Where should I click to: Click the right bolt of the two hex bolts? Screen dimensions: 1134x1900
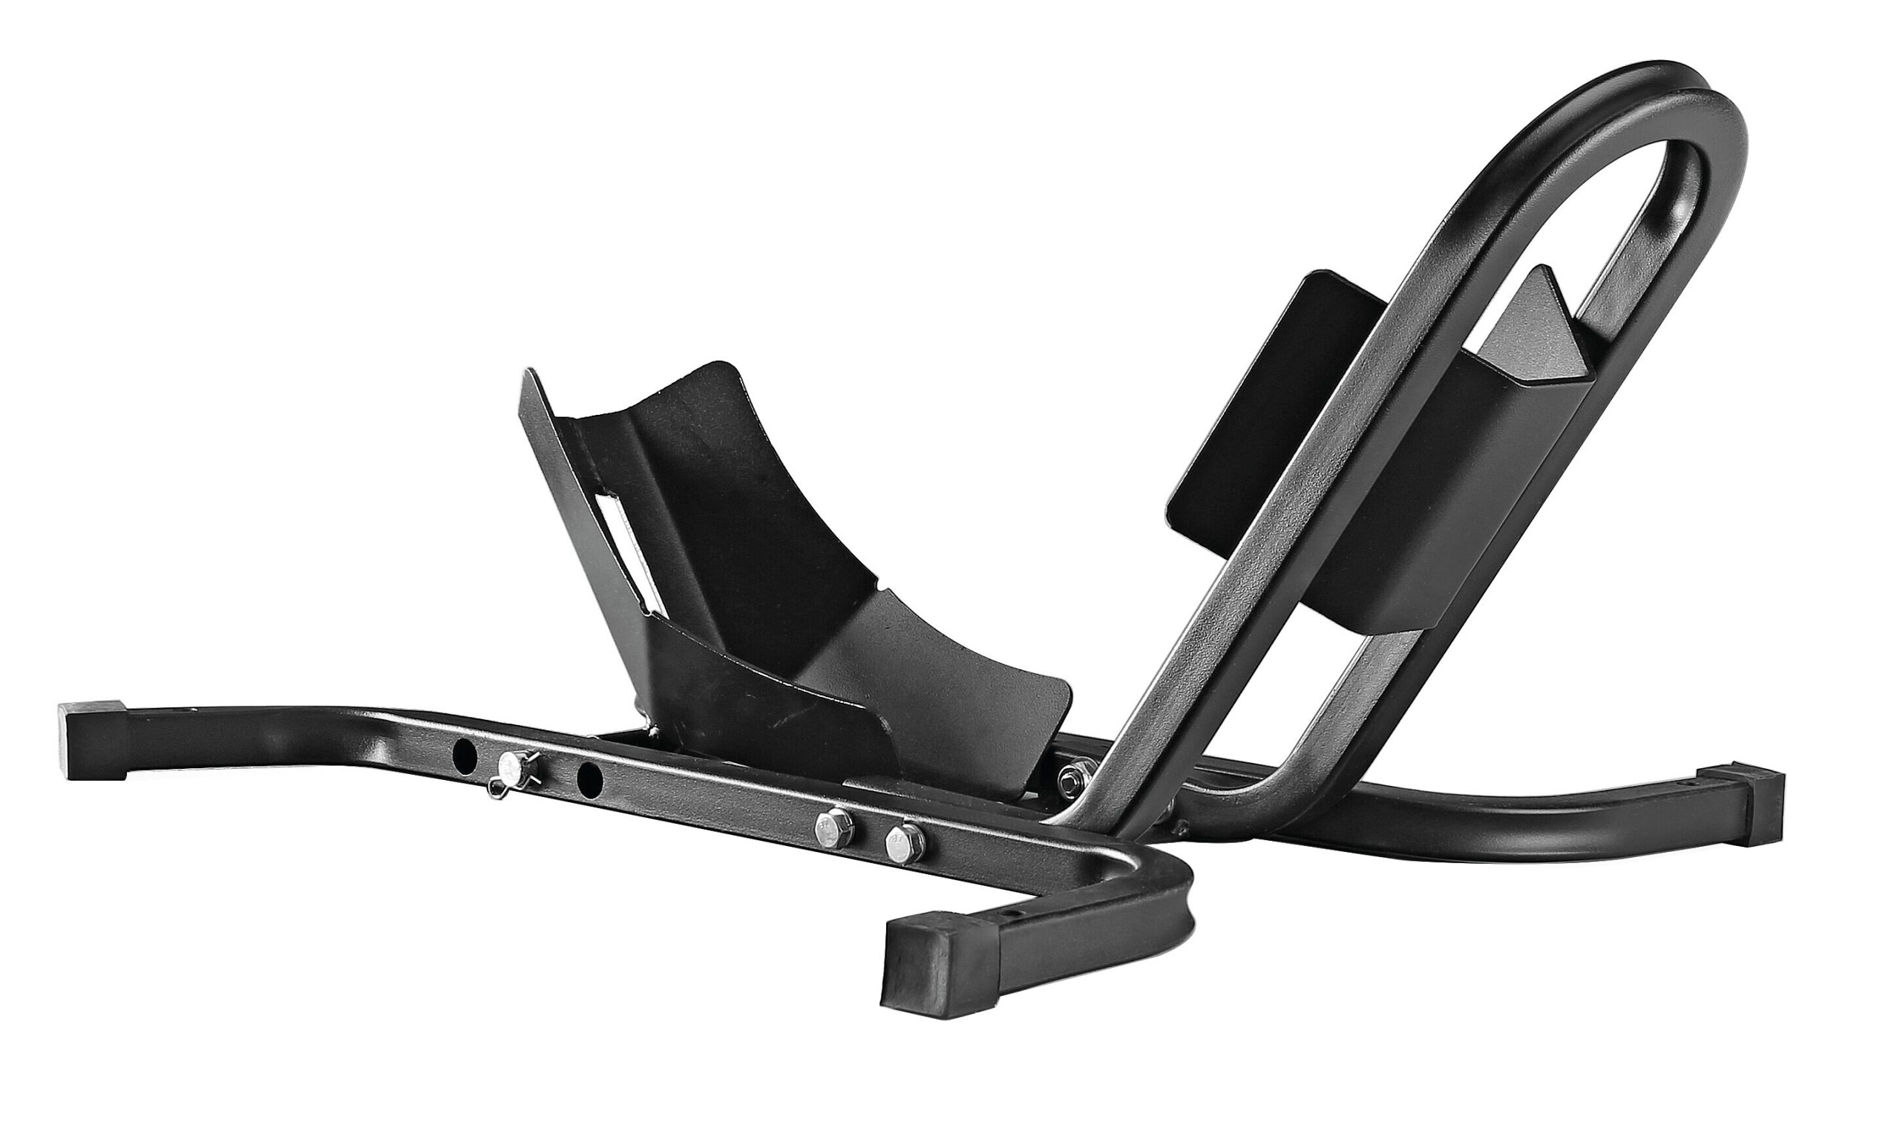coord(903,841)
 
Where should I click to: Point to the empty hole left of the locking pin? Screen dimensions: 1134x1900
coord(465,756)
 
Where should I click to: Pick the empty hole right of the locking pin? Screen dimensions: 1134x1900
coord(589,779)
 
